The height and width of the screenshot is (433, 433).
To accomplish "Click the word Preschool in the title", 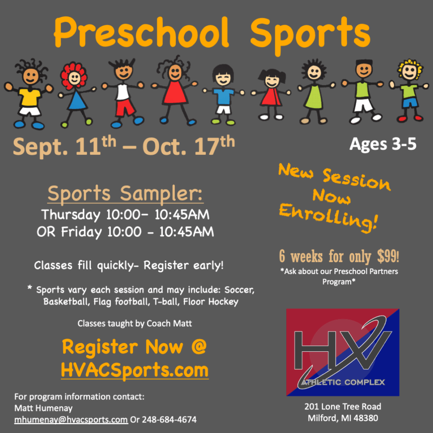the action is point(141,33).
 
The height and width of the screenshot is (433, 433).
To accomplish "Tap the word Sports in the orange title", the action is point(310,35).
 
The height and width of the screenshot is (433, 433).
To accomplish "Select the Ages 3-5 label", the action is point(383,144).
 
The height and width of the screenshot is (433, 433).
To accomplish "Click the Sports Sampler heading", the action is point(125,194).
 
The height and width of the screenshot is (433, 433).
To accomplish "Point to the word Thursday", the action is point(71,215).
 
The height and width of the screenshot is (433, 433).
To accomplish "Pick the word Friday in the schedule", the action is point(82,232).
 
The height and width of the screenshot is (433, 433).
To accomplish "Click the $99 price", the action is point(388,256).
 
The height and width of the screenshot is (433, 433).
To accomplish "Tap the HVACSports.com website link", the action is point(135,370).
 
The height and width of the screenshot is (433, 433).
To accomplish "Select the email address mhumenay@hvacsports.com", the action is point(71,420).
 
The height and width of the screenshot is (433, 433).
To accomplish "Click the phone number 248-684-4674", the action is point(169,420).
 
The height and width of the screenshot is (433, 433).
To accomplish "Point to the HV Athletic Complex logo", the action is point(343,352).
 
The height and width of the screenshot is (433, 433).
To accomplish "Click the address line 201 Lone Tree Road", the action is point(343,406).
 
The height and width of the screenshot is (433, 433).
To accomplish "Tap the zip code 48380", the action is point(366,418).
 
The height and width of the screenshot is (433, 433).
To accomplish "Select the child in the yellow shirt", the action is point(29,94).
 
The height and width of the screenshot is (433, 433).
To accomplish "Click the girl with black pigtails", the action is point(271,94).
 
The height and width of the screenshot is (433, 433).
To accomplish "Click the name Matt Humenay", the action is point(44,408).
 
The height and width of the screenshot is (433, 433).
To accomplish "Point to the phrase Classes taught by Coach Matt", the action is point(135,323).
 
